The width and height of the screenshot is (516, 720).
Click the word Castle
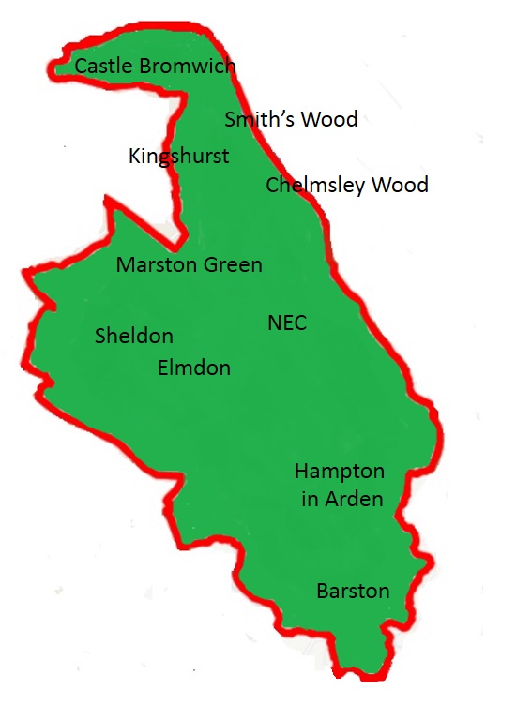[103, 67]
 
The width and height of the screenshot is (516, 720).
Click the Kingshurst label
[178, 156]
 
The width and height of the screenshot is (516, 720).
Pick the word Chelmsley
[314, 185]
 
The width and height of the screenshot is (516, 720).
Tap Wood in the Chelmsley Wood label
[400, 185]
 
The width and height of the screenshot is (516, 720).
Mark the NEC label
[287, 323]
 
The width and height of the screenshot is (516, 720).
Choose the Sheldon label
[134, 336]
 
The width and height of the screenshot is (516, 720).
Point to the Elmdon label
[194, 367]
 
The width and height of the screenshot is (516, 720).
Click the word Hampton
[340, 471]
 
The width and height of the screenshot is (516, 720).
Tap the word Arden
[354, 499]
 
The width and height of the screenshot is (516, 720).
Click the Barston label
[353, 591]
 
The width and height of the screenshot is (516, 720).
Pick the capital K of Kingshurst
[134, 156]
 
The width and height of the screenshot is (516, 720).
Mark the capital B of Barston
[323, 591]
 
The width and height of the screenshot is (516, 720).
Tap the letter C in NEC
[300, 323]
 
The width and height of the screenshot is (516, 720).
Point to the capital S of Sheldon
[100, 336]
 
